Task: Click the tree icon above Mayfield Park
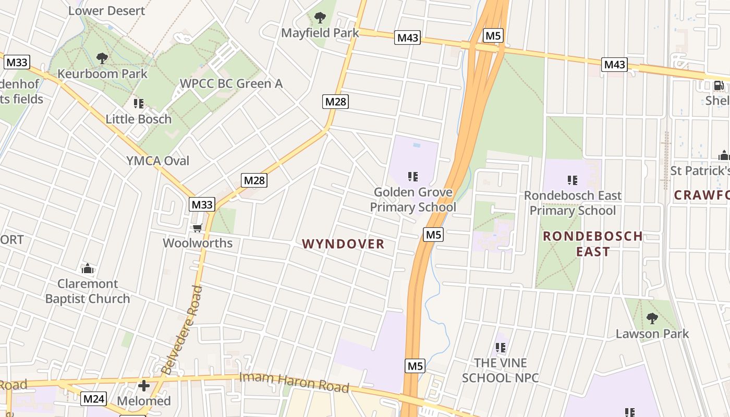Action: pos(320,18)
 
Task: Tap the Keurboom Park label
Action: pos(102,73)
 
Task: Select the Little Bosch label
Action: pos(138,119)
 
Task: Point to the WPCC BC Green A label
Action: pos(231,83)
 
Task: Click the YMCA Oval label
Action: pos(157,161)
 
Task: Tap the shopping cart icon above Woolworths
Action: pos(197,228)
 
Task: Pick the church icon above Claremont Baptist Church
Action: pos(88,269)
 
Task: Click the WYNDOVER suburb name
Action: pos(343,244)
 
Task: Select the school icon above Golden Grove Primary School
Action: pos(413,177)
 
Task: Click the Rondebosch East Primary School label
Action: pos(573,203)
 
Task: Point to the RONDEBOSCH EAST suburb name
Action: pos(593,243)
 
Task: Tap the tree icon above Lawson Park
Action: pos(652,318)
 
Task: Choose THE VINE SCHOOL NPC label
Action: pos(501,370)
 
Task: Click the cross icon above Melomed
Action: pos(144,386)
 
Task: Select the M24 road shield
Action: pos(94,399)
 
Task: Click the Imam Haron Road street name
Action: pos(294,383)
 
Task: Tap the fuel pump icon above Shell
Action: pos(718,85)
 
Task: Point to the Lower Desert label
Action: pos(106,10)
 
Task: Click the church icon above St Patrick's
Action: pos(724,155)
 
